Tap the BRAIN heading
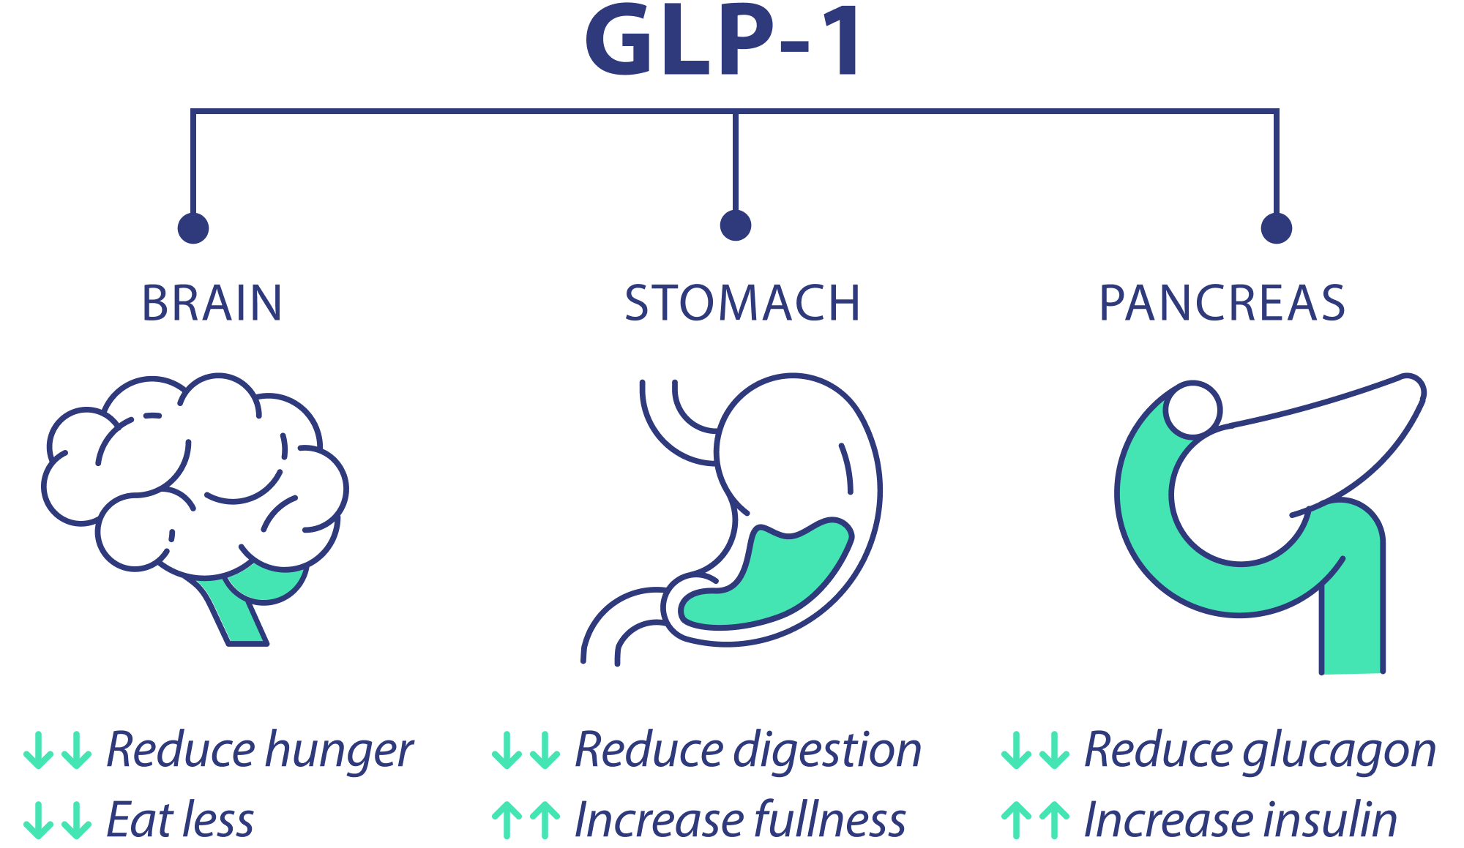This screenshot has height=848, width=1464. (x=212, y=303)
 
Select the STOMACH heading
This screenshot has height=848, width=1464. (x=742, y=303)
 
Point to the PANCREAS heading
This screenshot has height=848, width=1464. (x=1222, y=303)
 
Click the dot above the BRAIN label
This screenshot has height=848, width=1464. (x=193, y=228)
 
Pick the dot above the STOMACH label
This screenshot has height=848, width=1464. (x=736, y=225)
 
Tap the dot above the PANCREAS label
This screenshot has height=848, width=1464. (x=1277, y=228)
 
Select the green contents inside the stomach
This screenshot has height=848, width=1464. (x=761, y=578)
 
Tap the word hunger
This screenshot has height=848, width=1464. (x=339, y=751)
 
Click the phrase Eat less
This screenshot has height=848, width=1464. (x=180, y=819)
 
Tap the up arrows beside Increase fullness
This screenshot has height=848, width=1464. (x=526, y=820)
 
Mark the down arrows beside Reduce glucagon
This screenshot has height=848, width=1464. (x=1035, y=751)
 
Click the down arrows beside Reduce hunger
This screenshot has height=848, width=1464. (x=58, y=751)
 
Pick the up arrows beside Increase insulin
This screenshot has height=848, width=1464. (x=1035, y=820)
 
